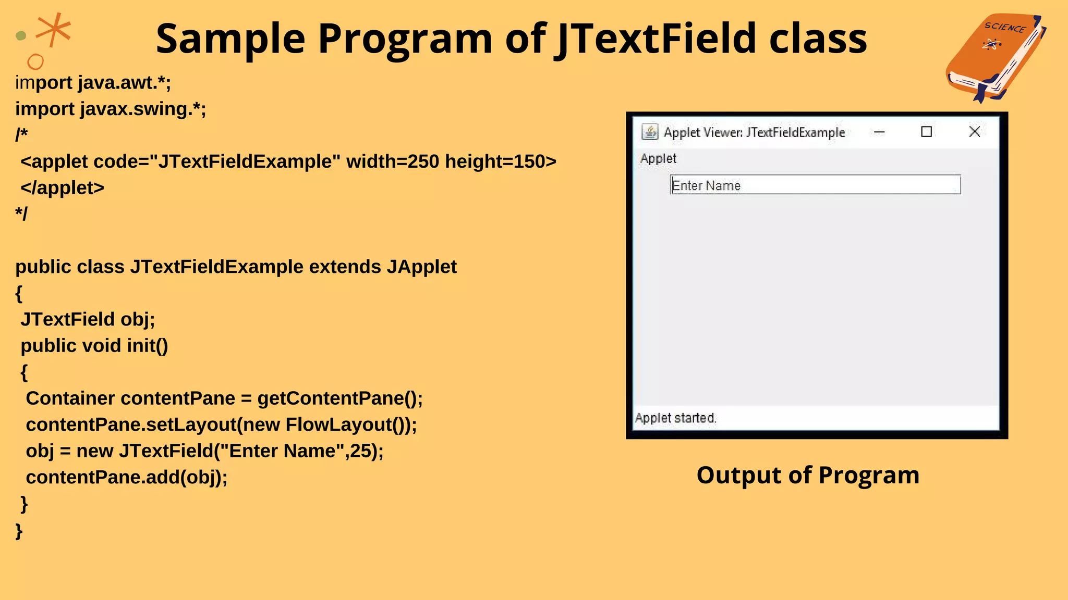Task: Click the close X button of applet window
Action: pyautogui.click(x=974, y=132)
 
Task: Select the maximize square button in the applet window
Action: pyautogui.click(x=927, y=132)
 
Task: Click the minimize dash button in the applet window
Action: pyautogui.click(x=879, y=132)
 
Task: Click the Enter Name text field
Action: pyautogui.click(x=815, y=185)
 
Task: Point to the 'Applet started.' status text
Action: pyautogui.click(x=676, y=418)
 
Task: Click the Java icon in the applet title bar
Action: pyautogui.click(x=650, y=132)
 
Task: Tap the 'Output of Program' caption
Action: pyautogui.click(x=808, y=475)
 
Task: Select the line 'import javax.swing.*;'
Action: pyautogui.click(x=111, y=109)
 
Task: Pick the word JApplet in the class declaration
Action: pyautogui.click(x=421, y=267)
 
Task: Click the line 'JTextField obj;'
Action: pyautogui.click(x=88, y=319)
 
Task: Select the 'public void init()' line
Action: pyautogui.click(x=94, y=346)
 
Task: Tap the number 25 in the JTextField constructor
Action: pyautogui.click(x=360, y=451)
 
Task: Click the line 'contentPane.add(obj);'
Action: pyautogui.click(x=127, y=477)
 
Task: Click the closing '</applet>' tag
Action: pyautogui.click(x=63, y=187)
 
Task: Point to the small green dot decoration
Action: pyautogui.click(x=21, y=36)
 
